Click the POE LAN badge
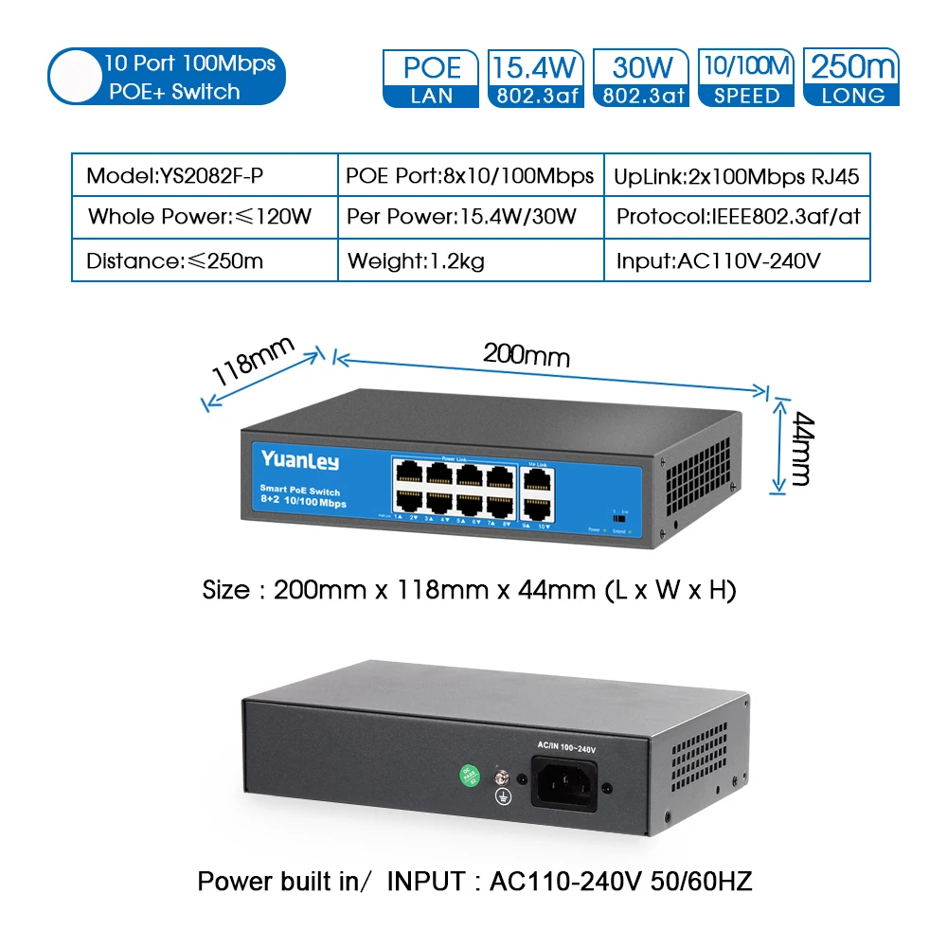[x=432, y=78]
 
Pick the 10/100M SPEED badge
[x=746, y=78]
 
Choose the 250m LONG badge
[x=851, y=78]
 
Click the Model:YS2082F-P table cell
[x=205, y=176]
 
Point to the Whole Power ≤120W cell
[x=205, y=216]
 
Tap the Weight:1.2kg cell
[x=471, y=260]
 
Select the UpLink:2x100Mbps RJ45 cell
[x=737, y=176]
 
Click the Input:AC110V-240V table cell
[x=737, y=260]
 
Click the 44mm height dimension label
[x=799, y=448]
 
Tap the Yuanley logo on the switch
[x=299, y=461]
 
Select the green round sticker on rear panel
[x=469, y=774]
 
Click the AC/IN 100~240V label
[x=566, y=749]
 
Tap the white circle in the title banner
[x=75, y=78]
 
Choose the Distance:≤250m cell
[x=205, y=260]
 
